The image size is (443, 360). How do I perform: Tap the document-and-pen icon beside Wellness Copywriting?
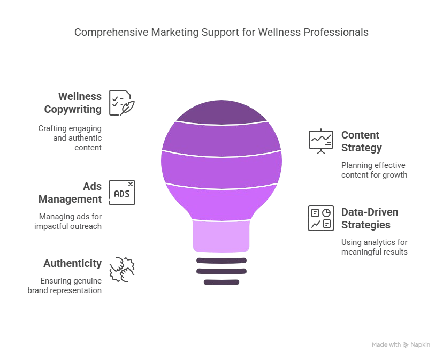click(x=121, y=101)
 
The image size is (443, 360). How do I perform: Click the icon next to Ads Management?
click(x=120, y=191)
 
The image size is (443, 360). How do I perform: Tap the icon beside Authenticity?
click(x=121, y=268)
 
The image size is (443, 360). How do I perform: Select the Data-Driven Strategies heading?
click(x=369, y=218)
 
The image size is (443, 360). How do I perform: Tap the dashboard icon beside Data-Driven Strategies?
click(x=320, y=218)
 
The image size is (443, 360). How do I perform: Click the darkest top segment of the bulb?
click(x=220, y=111)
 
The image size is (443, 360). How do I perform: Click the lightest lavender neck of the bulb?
click(x=220, y=236)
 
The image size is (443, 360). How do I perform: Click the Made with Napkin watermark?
click(x=401, y=346)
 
